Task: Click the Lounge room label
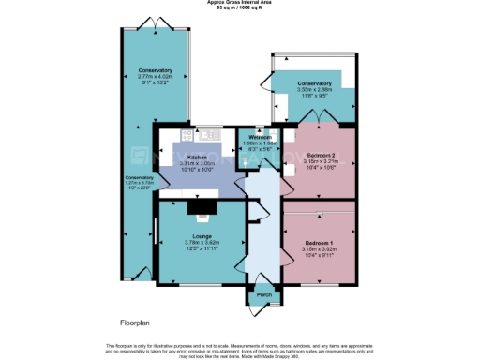click(201, 235)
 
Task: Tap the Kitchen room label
click(197, 157)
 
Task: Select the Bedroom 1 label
click(320, 244)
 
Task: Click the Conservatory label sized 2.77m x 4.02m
click(155, 71)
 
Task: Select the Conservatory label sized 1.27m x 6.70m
click(141, 177)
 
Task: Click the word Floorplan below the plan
click(136, 322)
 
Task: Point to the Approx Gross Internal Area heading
click(239, 3)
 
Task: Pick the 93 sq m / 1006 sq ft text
click(239, 8)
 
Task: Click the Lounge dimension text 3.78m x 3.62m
click(201, 242)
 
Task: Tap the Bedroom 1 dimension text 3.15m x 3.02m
click(320, 250)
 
